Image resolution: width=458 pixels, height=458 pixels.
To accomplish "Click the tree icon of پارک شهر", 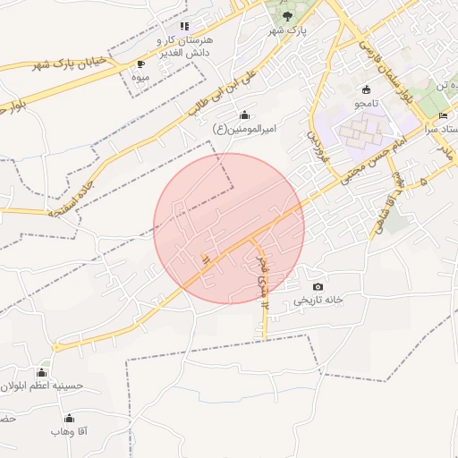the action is [x=287, y=16].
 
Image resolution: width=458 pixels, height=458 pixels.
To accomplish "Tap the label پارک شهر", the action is [x=287, y=30].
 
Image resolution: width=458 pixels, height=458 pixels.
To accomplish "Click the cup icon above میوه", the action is [x=140, y=64].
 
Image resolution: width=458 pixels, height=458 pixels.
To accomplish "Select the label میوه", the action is [x=140, y=78].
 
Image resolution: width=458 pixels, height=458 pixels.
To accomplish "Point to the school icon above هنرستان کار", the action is [x=184, y=27].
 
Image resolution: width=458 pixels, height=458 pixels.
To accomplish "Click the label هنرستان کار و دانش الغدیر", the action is [x=184, y=47].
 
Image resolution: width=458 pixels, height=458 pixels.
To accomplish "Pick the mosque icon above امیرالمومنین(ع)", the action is [x=245, y=114].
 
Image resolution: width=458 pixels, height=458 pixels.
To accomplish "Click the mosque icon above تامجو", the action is [x=366, y=89].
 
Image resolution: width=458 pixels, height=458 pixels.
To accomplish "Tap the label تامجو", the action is [x=366, y=104].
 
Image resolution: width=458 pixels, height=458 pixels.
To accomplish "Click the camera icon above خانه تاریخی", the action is [x=318, y=286].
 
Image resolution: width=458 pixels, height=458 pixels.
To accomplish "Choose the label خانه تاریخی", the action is [x=318, y=301].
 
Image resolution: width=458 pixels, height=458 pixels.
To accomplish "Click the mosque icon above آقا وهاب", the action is [x=69, y=418].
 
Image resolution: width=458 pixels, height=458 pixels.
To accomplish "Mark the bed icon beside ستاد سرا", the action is [x=444, y=116].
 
